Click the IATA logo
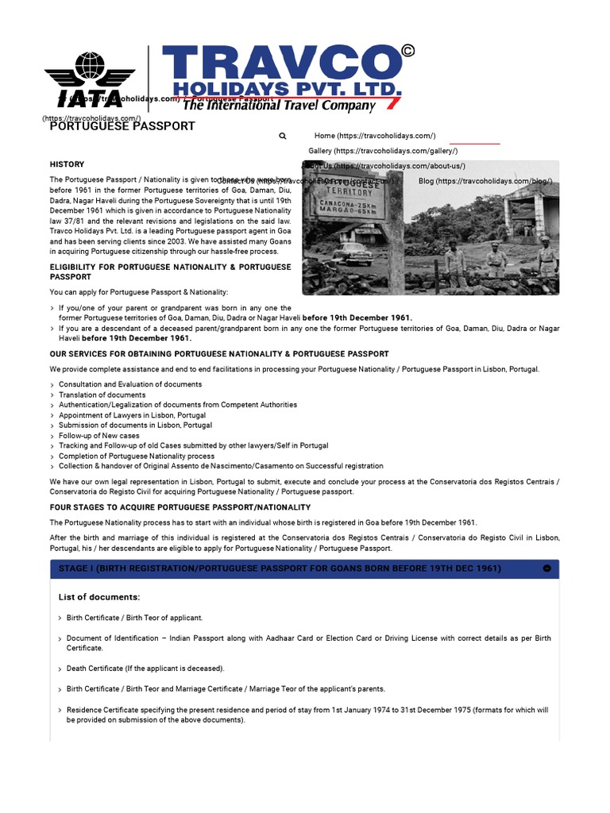click(89, 79)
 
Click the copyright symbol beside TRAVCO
click(408, 52)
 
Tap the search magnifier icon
click(283, 136)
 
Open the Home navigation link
click(374, 136)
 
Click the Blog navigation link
click(485, 181)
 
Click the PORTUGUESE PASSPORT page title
click(122, 125)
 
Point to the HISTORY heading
click(67, 164)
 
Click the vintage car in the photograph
click(352, 253)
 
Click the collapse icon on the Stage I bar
click(547, 568)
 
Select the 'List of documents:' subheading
click(99, 597)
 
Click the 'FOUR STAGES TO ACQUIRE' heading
click(180, 507)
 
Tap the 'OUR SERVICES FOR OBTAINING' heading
click(219, 353)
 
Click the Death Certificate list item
click(145, 669)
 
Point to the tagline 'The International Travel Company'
click(280, 106)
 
